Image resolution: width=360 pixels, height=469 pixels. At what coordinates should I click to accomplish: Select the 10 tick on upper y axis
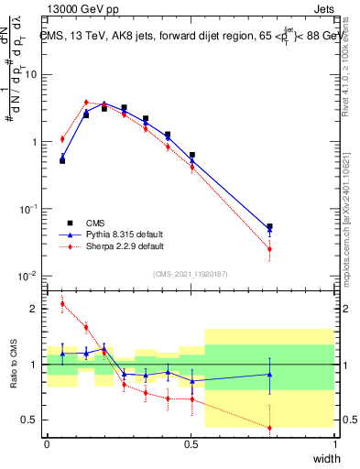tap(31, 75)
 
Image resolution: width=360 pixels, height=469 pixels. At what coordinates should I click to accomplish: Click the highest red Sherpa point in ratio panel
tap(62, 304)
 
